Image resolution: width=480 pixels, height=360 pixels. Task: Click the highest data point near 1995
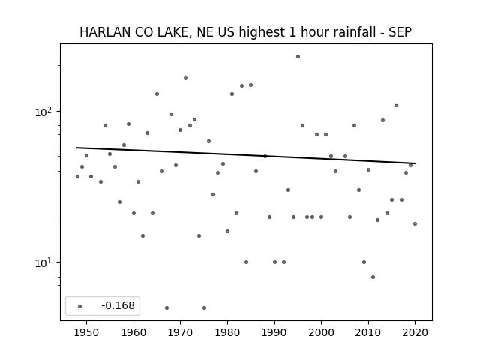point(298,57)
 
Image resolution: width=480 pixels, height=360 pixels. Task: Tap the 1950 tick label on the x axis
point(87,332)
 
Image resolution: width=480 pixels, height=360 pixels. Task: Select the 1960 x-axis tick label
point(133,332)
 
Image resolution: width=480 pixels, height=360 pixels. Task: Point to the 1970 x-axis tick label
point(180,332)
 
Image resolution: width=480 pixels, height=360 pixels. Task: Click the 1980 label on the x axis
point(227,332)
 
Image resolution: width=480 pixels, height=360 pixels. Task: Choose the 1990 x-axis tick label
point(274,332)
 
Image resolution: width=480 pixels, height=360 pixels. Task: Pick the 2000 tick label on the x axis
point(322,332)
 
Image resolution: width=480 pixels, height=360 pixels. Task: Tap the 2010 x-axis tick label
point(368,332)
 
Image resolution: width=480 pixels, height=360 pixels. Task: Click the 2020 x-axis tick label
point(415,332)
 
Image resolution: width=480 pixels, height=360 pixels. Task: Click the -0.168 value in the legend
point(118,305)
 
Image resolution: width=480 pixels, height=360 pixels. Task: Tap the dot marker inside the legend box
point(79,306)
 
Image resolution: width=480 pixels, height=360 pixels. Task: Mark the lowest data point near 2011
point(373,277)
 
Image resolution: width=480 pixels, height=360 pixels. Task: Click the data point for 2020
point(415,223)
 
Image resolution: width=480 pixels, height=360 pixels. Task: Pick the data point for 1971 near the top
point(185,78)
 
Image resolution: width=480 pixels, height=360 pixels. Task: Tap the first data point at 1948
point(77,177)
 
